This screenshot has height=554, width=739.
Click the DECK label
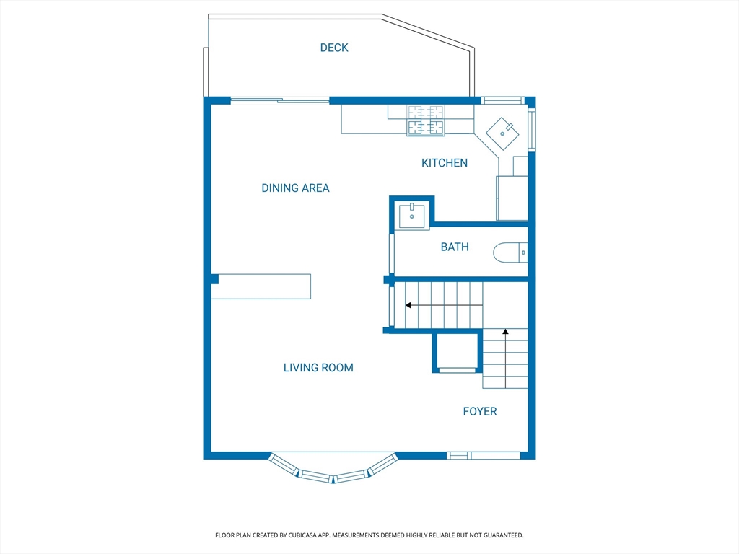(x=334, y=48)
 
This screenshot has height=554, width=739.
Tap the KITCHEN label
(x=445, y=163)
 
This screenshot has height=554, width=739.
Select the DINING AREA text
(x=295, y=188)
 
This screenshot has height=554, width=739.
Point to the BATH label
(x=455, y=247)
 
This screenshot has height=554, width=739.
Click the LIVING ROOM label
(x=318, y=368)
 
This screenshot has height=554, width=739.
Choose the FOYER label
(x=480, y=412)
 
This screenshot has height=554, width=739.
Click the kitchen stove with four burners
(x=426, y=120)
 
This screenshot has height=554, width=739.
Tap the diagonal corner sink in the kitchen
(x=502, y=133)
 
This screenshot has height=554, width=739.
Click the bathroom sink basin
(x=412, y=215)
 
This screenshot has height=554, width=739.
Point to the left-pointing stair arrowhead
(x=408, y=305)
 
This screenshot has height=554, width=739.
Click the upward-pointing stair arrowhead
(x=505, y=332)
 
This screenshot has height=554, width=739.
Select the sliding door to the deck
(x=280, y=100)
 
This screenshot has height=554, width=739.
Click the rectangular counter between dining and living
(x=261, y=286)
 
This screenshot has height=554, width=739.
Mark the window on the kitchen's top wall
(x=502, y=100)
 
